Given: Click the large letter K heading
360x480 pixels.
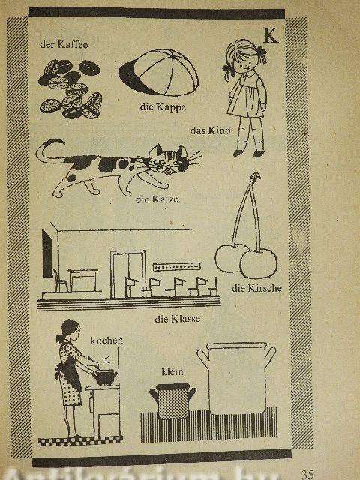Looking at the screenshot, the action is click(x=271, y=35).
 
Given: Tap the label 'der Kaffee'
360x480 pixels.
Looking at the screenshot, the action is click(x=64, y=45).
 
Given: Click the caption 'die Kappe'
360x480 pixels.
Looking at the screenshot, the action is click(x=163, y=106).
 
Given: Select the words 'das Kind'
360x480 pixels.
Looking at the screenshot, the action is click(x=210, y=130).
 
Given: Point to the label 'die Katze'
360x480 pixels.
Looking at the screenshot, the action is click(x=157, y=199).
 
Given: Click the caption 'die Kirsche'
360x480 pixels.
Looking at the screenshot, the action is click(x=256, y=288).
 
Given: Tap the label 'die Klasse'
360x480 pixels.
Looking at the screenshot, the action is click(x=178, y=319).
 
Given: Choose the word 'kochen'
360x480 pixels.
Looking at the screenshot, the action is click(x=106, y=340).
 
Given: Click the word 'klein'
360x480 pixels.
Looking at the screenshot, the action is click(x=172, y=372).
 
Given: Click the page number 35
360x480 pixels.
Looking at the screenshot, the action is click(x=307, y=475).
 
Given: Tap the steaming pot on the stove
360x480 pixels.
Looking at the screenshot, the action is click(x=105, y=377).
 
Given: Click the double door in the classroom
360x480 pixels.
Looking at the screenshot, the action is click(x=127, y=274).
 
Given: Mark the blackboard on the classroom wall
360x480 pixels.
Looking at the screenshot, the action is click(x=47, y=253).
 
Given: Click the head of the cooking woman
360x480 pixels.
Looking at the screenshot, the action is click(x=70, y=330).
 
